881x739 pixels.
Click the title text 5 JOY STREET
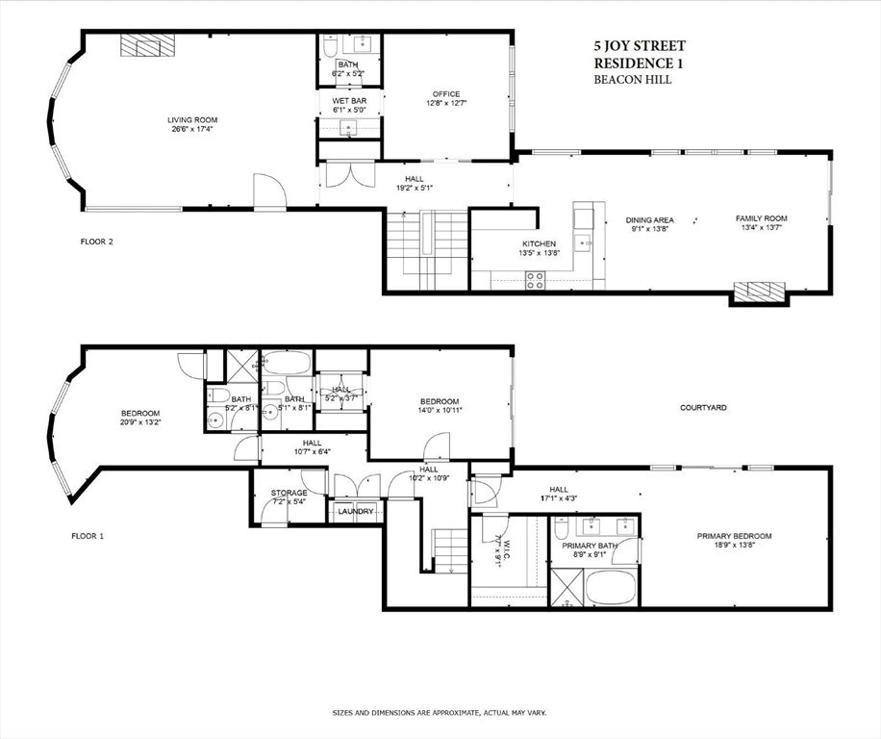tap(639, 45)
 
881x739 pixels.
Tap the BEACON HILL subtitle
tap(632, 80)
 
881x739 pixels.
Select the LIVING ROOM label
tap(189, 120)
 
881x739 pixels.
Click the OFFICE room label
tap(445, 94)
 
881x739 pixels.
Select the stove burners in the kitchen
tap(535, 279)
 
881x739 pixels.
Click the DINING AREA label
tap(650, 219)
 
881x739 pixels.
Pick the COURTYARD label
tap(703, 408)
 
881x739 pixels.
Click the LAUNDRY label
tap(355, 511)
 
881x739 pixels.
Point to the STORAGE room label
tap(289, 493)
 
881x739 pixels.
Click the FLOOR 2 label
tap(96, 242)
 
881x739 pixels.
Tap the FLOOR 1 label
tap(88, 535)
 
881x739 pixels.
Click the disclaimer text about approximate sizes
tap(440, 713)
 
